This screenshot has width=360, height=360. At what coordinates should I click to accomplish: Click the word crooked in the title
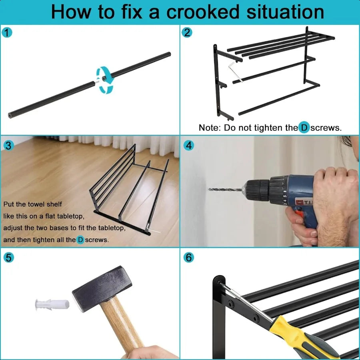coord(203,12)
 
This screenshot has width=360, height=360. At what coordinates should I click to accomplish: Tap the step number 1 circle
coord(7,33)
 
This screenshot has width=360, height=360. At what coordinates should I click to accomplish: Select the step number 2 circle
coord(187,33)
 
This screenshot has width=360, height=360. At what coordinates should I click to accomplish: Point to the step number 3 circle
coord(8,146)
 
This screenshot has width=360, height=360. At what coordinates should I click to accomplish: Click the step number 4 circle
coord(189,146)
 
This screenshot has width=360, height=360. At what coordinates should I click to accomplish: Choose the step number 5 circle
coord(8,258)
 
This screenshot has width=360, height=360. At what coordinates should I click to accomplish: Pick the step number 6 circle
coord(189,258)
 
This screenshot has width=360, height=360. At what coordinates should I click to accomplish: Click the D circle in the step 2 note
coord(304,128)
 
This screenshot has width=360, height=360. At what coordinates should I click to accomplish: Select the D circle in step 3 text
coord(80,240)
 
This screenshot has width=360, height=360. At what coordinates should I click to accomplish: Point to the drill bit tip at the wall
coord(209,189)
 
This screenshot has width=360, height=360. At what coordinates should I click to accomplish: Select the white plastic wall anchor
coord(52,305)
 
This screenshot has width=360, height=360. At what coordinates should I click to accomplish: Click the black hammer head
coord(102,289)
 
